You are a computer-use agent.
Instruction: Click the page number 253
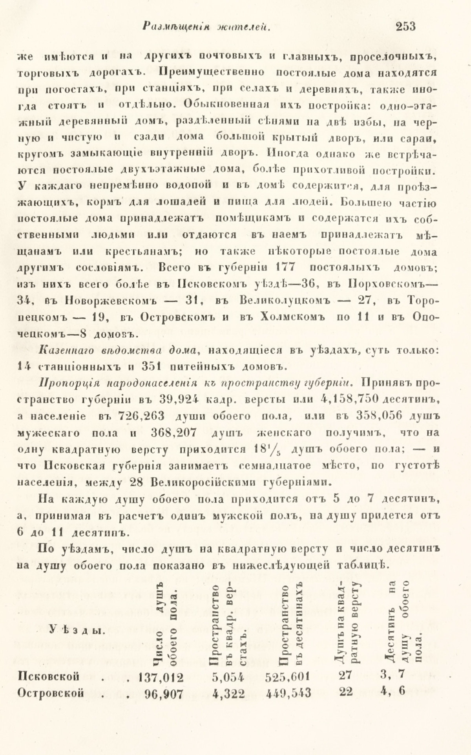point(405,27)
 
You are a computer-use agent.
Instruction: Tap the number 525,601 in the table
point(288,677)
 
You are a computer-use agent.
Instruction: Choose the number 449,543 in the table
point(288,694)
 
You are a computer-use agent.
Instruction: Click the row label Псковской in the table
point(49,676)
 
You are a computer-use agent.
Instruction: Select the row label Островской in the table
point(51,693)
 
